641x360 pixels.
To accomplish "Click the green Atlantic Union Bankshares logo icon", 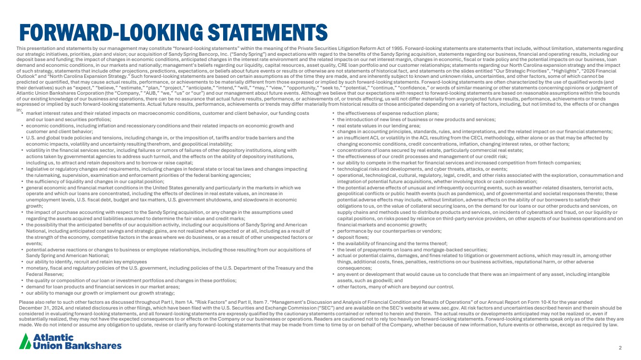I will tap(25, 341).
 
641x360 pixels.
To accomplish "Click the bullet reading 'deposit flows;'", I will tap(354, 237).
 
